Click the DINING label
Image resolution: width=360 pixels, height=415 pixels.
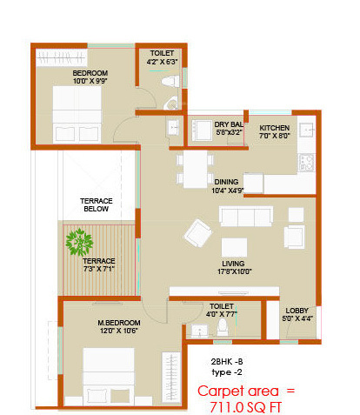(x=223, y=182)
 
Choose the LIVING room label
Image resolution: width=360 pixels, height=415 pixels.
(x=232, y=263)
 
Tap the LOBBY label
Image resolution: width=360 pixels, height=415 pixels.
(x=297, y=308)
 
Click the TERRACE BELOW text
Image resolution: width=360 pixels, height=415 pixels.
(x=97, y=205)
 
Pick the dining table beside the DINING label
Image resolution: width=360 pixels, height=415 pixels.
(x=190, y=170)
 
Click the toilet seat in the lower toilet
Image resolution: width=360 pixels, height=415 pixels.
(x=223, y=328)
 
